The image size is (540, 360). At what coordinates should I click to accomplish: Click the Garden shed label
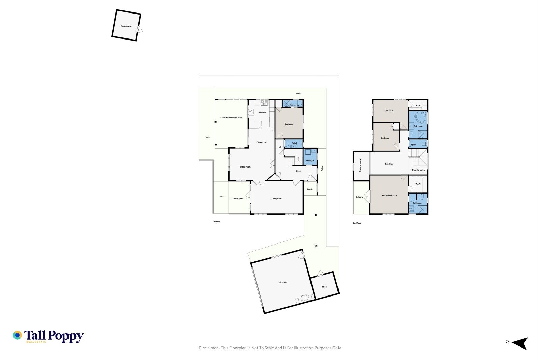pyautogui.click(x=126, y=26)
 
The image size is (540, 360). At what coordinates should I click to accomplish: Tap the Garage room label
pyautogui.click(x=283, y=282)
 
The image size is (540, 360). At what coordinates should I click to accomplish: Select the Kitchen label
pyautogui.click(x=262, y=112)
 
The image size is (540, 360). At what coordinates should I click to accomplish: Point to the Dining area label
pyautogui.click(x=262, y=143)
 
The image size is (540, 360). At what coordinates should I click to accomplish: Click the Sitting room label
pyautogui.click(x=245, y=167)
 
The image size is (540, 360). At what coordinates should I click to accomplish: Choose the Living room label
pyautogui.click(x=277, y=198)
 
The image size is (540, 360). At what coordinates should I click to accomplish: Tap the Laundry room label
pyautogui.click(x=310, y=160)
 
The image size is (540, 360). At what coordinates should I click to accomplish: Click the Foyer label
pyautogui.click(x=299, y=171)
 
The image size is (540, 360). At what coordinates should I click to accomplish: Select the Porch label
pyautogui.click(x=310, y=189)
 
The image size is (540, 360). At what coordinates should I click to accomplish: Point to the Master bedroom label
pyautogui.click(x=389, y=195)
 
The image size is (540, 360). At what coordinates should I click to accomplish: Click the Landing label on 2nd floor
pyautogui.click(x=389, y=164)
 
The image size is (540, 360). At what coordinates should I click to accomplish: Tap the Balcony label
pyautogui.click(x=359, y=197)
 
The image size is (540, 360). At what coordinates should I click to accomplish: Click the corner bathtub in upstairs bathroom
pyautogui.click(x=421, y=118)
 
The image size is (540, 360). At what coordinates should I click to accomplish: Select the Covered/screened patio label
pyautogui.click(x=232, y=118)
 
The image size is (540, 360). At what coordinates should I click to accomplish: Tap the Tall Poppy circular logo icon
pyautogui.click(x=17, y=335)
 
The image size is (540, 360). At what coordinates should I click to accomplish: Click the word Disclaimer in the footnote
pyautogui.click(x=208, y=348)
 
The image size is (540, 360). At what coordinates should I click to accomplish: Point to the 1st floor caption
pyautogui.click(x=216, y=222)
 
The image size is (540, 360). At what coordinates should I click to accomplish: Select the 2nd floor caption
pyautogui.click(x=357, y=223)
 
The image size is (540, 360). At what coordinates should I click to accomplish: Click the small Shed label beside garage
pyautogui.click(x=324, y=287)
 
